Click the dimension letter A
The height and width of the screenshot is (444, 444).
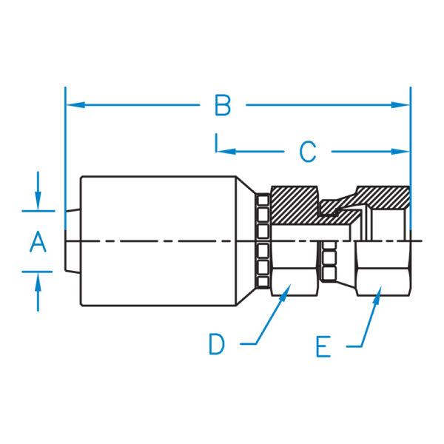tap(38, 241)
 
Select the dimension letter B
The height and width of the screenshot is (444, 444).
tap(223, 106)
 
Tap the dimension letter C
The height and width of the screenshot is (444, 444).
tap(308, 152)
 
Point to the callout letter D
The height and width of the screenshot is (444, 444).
tap(216, 344)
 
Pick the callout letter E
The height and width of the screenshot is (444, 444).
tap(323, 346)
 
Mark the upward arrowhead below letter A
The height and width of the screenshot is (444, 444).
tap(38, 276)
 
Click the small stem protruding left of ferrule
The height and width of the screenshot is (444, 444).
tap(73, 241)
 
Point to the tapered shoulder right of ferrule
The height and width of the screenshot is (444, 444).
tap(247, 240)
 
